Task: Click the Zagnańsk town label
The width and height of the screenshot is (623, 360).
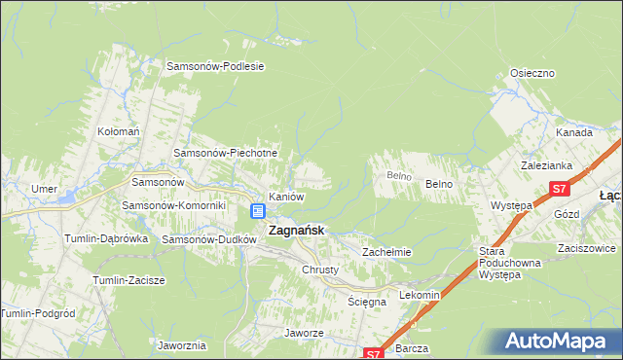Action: tap(296, 231)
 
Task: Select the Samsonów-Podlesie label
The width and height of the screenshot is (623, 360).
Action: tap(216, 67)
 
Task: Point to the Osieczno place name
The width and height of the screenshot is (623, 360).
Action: tap(532, 73)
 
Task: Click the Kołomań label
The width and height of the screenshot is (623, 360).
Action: tap(120, 131)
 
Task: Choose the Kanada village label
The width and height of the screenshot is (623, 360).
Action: tap(574, 132)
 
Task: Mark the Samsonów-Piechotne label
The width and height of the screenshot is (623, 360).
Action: tap(226, 153)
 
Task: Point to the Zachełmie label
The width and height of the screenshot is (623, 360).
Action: tap(387, 251)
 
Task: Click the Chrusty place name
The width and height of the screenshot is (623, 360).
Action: tap(320, 270)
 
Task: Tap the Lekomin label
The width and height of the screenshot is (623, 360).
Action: tap(421, 294)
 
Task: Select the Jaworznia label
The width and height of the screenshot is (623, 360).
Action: tap(182, 345)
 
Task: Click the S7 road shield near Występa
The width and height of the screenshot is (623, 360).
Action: tap(559, 189)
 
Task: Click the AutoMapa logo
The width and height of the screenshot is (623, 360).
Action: tap(558, 342)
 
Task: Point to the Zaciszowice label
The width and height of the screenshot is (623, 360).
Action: tap(585, 248)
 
